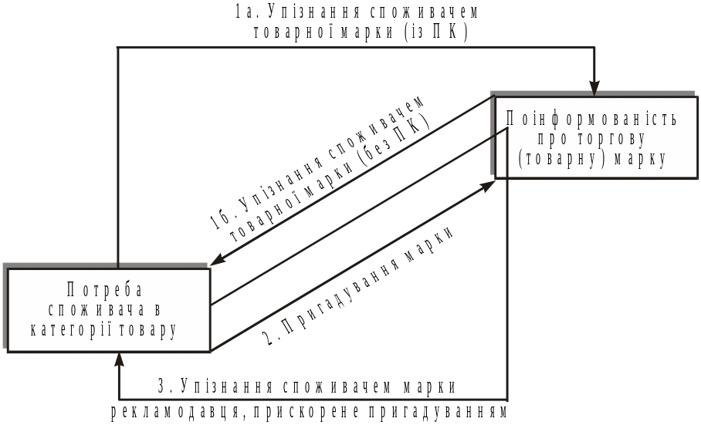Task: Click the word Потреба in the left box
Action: point(106,291)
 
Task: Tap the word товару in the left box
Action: point(147,329)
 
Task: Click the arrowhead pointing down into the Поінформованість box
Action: point(594,87)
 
